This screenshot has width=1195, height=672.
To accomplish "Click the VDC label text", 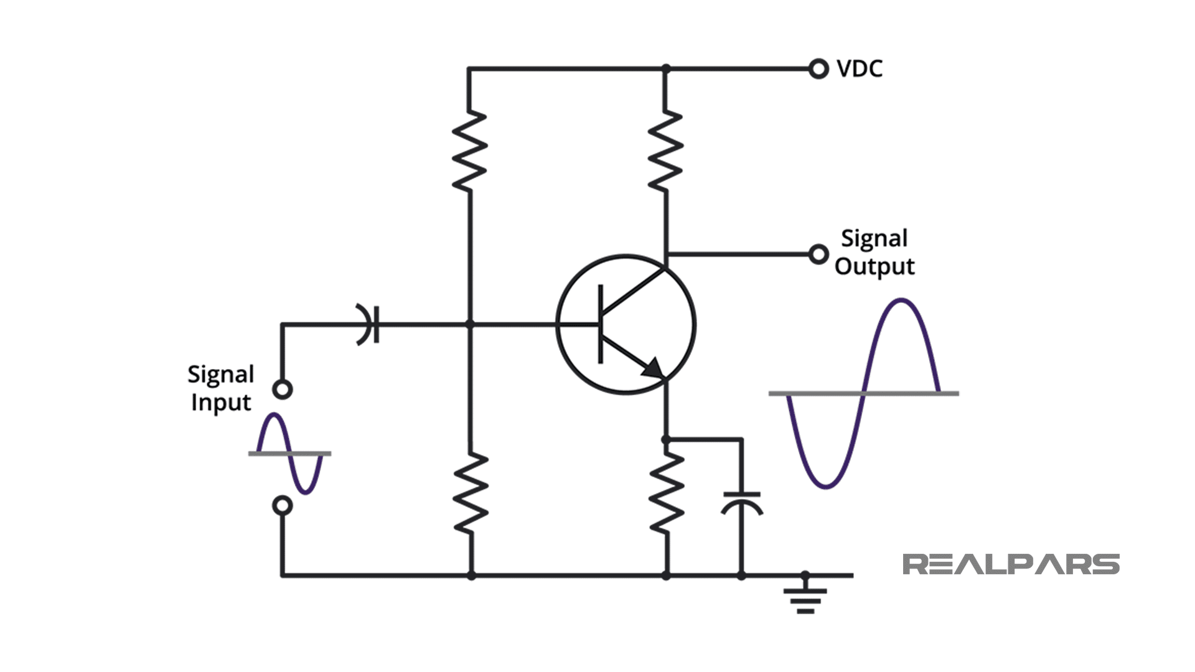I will [x=860, y=68].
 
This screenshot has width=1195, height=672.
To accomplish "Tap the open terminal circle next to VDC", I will [x=818, y=68].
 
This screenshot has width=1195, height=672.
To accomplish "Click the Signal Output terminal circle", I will [x=818, y=254].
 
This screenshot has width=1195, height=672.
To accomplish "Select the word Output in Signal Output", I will [x=874, y=267].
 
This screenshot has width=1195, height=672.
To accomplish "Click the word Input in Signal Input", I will [x=220, y=403].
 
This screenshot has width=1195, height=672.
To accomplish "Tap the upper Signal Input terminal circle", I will [x=283, y=390].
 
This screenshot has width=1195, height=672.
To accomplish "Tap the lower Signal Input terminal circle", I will [x=283, y=506].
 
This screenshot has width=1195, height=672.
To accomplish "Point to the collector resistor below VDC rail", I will [x=666, y=151].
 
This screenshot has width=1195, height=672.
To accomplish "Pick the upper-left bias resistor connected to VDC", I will [x=469, y=151].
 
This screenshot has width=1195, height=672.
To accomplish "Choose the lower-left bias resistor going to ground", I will [x=471, y=493].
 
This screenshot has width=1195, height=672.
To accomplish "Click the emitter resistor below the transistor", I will [x=667, y=493].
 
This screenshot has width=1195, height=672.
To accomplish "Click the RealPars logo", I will [x=1011, y=564].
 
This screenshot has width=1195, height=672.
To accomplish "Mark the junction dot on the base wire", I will [x=470, y=324].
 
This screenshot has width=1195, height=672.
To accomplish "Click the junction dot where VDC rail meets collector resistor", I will [x=666, y=68].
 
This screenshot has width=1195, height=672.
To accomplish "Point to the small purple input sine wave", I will [x=290, y=453].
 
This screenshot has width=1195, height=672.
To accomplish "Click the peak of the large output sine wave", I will [x=901, y=301].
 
